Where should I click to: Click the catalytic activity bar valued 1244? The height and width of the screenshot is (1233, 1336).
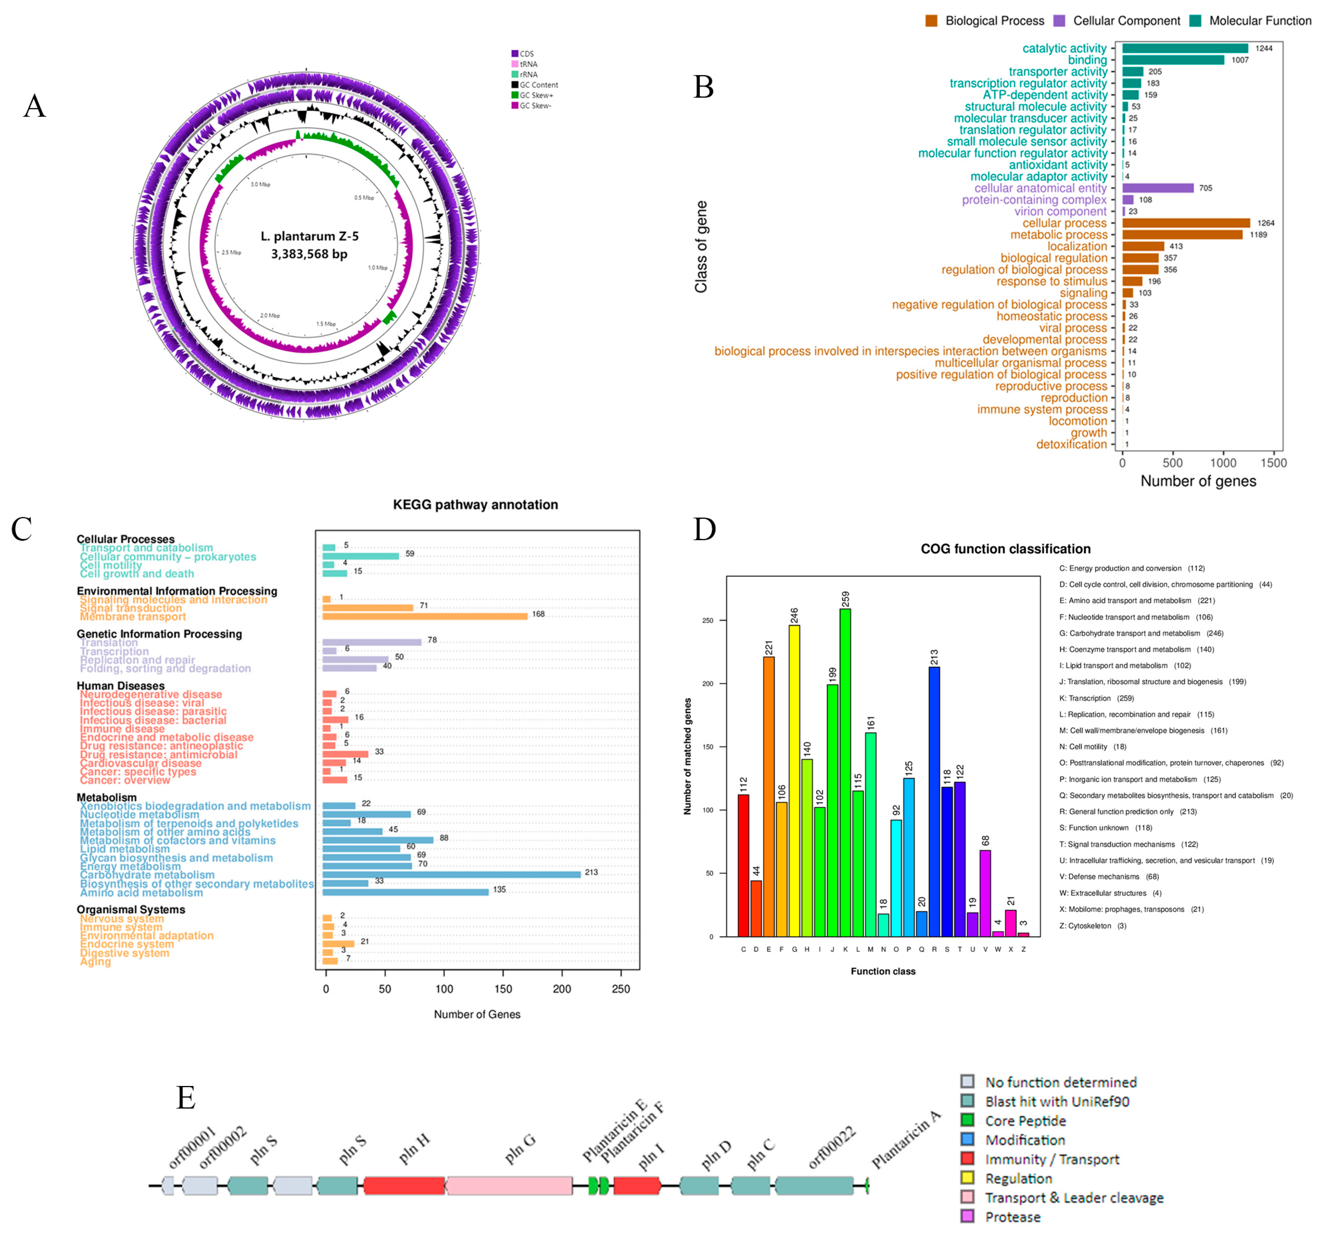[x=1184, y=48]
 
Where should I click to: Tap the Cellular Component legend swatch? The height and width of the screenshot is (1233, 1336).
[x=1059, y=21]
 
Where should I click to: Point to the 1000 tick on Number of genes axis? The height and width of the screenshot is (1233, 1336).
[x=1223, y=462]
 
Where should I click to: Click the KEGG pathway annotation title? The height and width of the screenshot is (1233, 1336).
[x=475, y=504]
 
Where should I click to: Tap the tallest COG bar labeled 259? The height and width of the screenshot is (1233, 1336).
[x=845, y=772]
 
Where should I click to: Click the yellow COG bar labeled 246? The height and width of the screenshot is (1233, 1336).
[x=794, y=781]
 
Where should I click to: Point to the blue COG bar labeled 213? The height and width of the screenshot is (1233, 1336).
[x=934, y=801]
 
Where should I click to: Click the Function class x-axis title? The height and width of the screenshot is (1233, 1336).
[x=883, y=971]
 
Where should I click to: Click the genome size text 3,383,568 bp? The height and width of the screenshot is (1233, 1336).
[x=309, y=254]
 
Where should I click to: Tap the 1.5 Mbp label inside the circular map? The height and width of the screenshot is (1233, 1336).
[x=326, y=324]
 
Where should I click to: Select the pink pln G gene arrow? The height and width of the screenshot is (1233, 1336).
[x=509, y=1186]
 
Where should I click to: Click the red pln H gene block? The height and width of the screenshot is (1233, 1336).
[x=404, y=1186]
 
